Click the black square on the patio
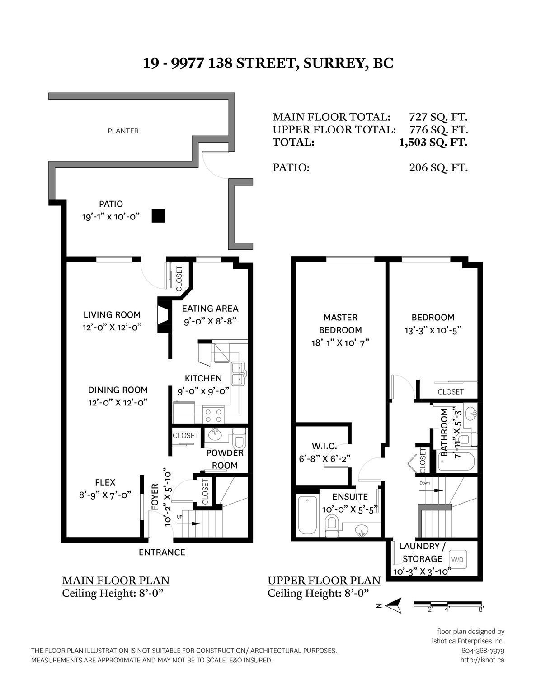pos(158,215)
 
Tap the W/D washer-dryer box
pos(457,559)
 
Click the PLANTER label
pos(123,131)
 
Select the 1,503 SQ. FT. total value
pos(433,142)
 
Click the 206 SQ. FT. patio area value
pos(438,167)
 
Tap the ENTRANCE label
pos(162,552)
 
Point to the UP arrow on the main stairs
pos(188,524)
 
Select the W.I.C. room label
pos(324,446)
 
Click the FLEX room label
pos(105,482)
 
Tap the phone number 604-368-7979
pos(483,651)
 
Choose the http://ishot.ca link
pos(482,660)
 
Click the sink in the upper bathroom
pos(470,413)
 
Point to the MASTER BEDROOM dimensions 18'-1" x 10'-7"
pos(340,343)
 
